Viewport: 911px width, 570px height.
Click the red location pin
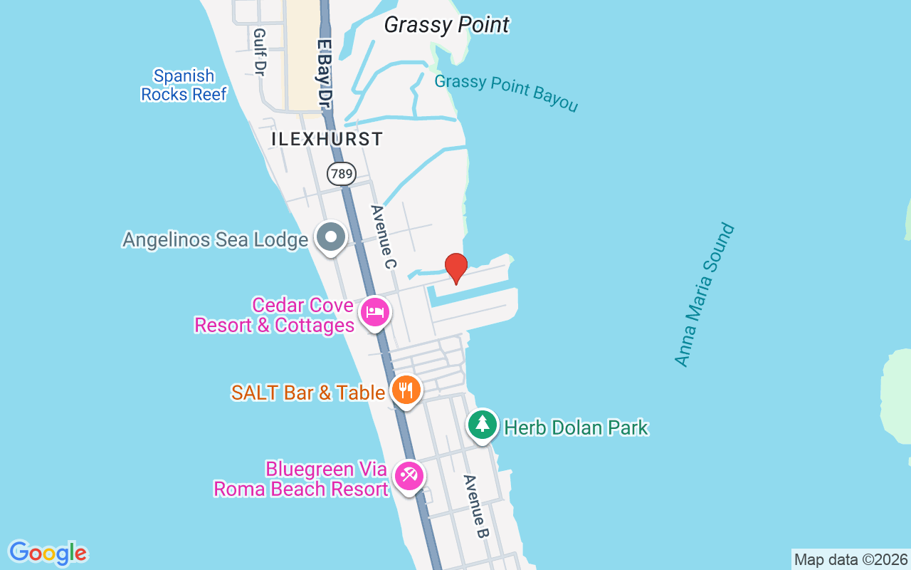pos(455,268)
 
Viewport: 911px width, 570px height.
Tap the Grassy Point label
pos(446,25)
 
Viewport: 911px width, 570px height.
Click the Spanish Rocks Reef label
pos(184,85)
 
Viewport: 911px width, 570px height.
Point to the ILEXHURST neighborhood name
pos(327,140)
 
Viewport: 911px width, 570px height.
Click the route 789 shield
pos(342,173)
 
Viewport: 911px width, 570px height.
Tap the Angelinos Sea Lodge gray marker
pos(330,237)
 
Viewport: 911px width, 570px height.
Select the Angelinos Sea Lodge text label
pos(215,240)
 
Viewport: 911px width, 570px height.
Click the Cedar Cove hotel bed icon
pos(375,312)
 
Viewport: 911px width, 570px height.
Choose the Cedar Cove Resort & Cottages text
pos(275,316)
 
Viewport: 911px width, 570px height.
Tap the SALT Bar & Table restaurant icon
pos(406,390)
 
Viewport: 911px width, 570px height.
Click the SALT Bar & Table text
pos(308,393)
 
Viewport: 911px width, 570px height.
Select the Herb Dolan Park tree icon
pos(483,425)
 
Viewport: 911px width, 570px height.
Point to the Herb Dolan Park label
pos(576,427)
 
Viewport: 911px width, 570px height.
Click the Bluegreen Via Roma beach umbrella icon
pos(409,475)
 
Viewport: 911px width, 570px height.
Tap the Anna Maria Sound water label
pos(704,295)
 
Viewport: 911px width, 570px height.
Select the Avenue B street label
pos(476,507)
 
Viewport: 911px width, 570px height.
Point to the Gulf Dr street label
pos(259,53)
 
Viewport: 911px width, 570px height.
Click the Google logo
pos(48,553)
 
